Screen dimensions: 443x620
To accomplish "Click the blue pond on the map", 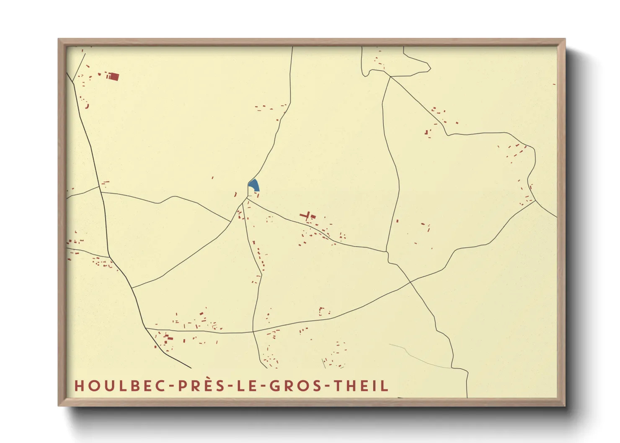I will [254, 185].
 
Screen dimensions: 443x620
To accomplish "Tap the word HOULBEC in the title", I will [120, 386].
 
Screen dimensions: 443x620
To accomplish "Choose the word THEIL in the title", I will [361, 386].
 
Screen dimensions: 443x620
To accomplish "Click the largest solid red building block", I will [113, 77].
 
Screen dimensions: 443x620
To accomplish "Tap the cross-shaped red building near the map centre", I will [307, 216].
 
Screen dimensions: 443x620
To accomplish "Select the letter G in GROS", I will [275, 386].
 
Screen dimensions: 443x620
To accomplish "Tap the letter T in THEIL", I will [338, 386].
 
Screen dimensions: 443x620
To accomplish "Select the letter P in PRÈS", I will [182, 386].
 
